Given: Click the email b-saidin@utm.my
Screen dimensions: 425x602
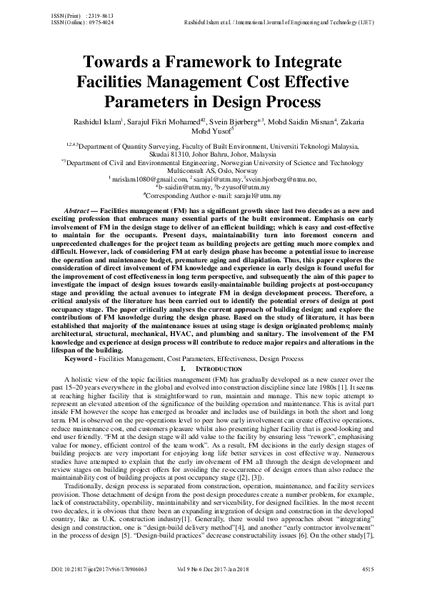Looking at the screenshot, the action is [185, 187].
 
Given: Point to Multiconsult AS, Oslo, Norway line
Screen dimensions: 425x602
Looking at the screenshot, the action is [212, 172].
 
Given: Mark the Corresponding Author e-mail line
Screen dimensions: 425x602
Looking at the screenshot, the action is [212, 194].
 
